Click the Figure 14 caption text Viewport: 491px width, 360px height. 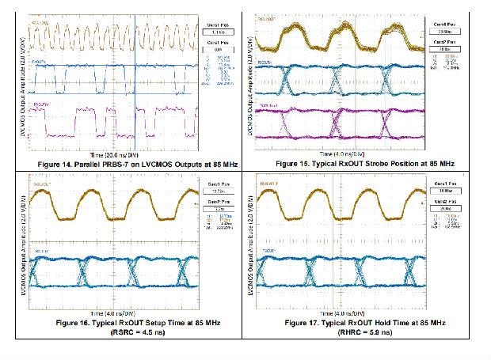[x=122, y=162]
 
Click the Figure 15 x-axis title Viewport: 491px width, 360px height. [x=342, y=153]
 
